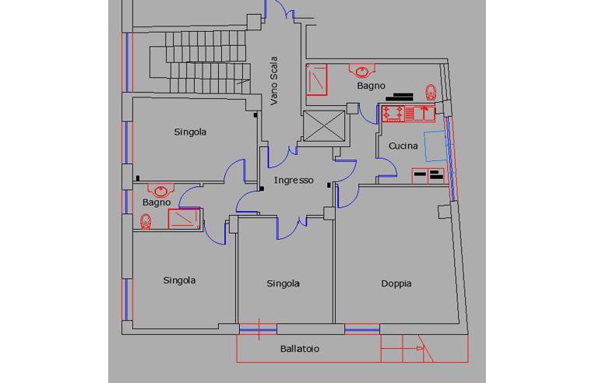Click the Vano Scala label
pyautogui.click(x=274, y=81)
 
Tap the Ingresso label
pyautogui.click(x=294, y=181)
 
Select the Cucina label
pyautogui.click(x=403, y=146)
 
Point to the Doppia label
pyautogui.click(x=396, y=283)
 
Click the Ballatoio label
pyautogui.click(x=299, y=349)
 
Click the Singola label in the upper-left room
pyautogui.click(x=190, y=132)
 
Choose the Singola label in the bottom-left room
pyautogui.click(x=179, y=280)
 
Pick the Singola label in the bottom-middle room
pyautogui.click(x=283, y=283)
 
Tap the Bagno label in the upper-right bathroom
pyautogui.click(x=371, y=86)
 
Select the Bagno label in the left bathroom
pyautogui.click(x=157, y=203)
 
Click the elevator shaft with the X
pyautogui.click(x=324, y=126)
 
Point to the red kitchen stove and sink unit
pyautogui.click(x=408, y=114)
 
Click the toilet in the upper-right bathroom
pyautogui.click(x=431, y=92)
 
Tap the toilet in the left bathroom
pyautogui.click(x=146, y=222)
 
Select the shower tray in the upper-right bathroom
pyautogui.click(x=316, y=79)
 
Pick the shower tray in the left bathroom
pyautogui.click(x=184, y=219)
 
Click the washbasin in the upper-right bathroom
pyautogui.click(x=362, y=71)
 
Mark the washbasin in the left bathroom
pyautogui.click(x=160, y=191)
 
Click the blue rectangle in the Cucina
pyautogui.click(x=435, y=146)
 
